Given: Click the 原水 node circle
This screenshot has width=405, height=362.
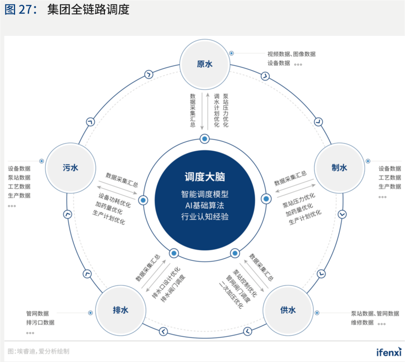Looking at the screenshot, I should click(204, 64).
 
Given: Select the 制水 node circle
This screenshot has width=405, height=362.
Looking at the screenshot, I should click(339, 168).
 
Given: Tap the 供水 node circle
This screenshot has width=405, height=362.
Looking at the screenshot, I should click(288, 310).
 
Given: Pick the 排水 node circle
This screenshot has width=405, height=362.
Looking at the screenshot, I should click(120, 310).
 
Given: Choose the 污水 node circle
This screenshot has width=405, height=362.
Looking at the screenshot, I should click(70, 168).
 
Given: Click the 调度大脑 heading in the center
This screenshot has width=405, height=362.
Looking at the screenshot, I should click(205, 177).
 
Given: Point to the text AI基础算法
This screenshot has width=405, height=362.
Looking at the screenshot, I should click(205, 205).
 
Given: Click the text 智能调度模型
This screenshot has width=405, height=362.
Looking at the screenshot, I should click(205, 194).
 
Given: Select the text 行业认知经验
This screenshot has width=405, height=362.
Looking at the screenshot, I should click(205, 217).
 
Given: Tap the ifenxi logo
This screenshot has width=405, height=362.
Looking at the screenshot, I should click(388, 352).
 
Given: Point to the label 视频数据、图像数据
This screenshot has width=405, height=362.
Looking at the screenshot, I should click(291, 54).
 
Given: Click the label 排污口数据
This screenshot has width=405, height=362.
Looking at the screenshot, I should click(40, 322).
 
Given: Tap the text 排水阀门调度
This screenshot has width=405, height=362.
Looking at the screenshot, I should click(173, 289).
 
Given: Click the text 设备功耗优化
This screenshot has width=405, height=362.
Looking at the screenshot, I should click(114, 201).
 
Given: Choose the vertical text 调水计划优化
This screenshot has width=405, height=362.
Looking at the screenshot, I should click(216, 111).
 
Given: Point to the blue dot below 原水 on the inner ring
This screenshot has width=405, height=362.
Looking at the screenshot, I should click(204, 139).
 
